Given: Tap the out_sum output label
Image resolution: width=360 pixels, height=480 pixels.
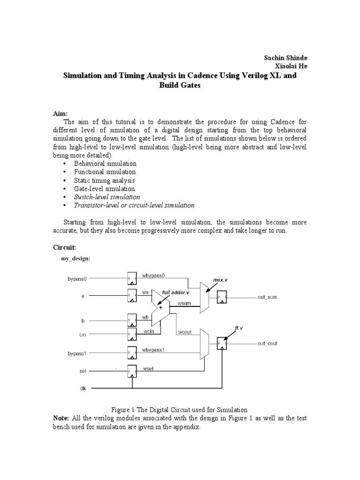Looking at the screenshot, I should (x=269, y=297).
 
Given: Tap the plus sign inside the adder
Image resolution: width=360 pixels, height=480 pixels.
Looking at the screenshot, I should (x=161, y=307).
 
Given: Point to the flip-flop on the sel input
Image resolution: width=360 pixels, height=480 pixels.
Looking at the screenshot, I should (x=132, y=371).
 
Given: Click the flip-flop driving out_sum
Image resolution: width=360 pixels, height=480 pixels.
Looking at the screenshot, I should (x=221, y=297).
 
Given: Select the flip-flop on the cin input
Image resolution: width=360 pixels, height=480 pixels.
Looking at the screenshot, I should (x=132, y=334).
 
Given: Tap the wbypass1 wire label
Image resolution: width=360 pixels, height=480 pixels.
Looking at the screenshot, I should (x=153, y=350).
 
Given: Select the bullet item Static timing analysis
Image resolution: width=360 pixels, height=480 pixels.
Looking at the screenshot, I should (x=105, y=180).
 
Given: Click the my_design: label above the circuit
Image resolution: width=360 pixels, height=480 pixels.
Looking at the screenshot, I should (x=76, y=258).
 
